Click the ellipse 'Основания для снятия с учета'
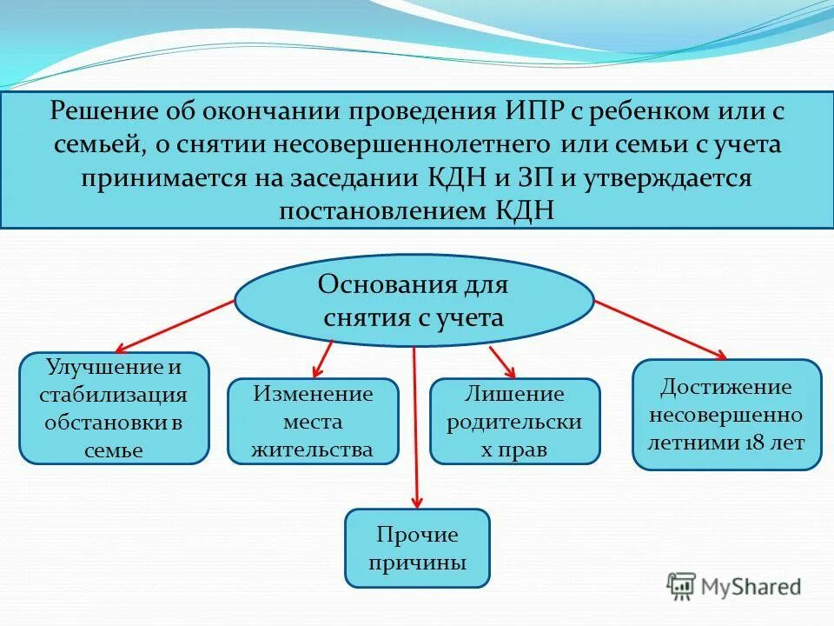(414, 300)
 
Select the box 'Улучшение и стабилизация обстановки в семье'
(114, 407)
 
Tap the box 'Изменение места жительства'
(313, 422)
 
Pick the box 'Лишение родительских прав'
(514, 422)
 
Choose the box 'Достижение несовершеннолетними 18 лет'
(726, 415)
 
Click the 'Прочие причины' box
(417, 548)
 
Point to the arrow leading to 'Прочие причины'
(415, 426)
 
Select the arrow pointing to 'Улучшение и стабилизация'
(174, 325)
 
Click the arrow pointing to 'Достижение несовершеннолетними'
(660, 330)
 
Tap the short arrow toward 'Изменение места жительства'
(323, 356)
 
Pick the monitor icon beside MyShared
(681, 585)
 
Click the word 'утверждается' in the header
(652, 177)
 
